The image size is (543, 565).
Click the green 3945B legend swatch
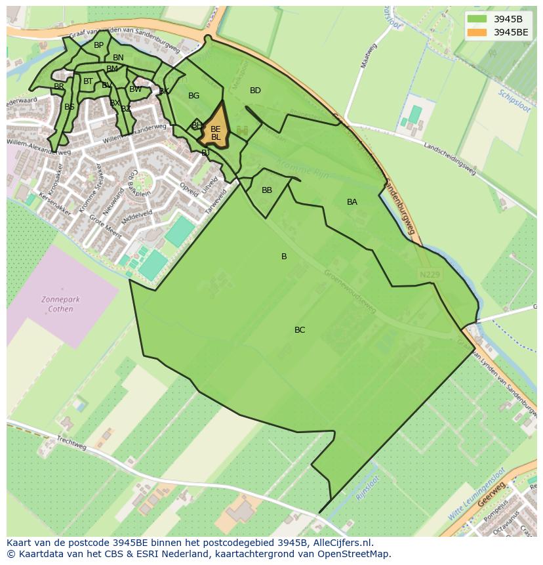(477, 19)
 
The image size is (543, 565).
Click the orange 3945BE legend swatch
(477, 32)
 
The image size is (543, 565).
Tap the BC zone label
(300, 330)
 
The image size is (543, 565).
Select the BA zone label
(352, 202)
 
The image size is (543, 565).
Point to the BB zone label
(267, 190)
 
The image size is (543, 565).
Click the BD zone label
(256, 91)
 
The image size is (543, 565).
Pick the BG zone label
(193, 96)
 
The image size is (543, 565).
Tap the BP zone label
(98, 45)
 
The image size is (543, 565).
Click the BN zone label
(118, 58)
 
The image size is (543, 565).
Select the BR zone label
(59, 87)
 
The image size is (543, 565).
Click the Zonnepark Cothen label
(60, 304)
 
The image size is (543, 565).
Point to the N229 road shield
(430, 274)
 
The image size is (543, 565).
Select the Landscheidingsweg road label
(449, 158)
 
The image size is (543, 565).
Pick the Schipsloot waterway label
(514, 102)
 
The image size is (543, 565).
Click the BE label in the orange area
(215, 129)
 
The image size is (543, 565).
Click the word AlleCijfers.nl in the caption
(340, 543)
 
